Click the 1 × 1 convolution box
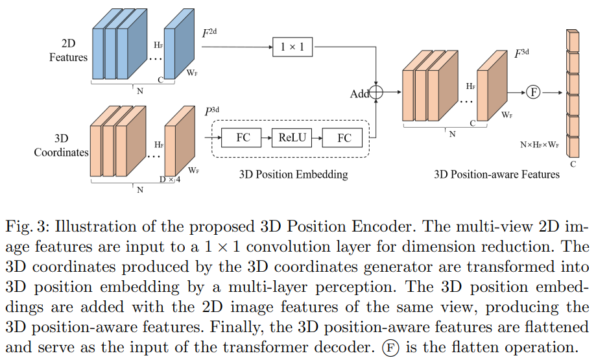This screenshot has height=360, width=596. (x=292, y=47)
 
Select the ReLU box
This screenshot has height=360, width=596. (x=292, y=138)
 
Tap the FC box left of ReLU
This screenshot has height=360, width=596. (x=243, y=138)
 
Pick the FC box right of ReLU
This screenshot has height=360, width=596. (x=344, y=138)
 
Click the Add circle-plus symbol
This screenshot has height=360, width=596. (x=376, y=93)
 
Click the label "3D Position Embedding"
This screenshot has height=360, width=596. (x=294, y=174)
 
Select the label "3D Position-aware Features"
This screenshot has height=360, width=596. (x=497, y=174)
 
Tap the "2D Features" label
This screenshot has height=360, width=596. (x=68, y=51)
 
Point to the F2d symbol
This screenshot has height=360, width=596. (x=209, y=32)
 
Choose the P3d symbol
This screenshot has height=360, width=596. (x=213, y=112)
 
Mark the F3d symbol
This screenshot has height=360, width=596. (x=521, y=53)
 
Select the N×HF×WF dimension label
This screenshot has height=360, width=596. (x=540, y=145)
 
